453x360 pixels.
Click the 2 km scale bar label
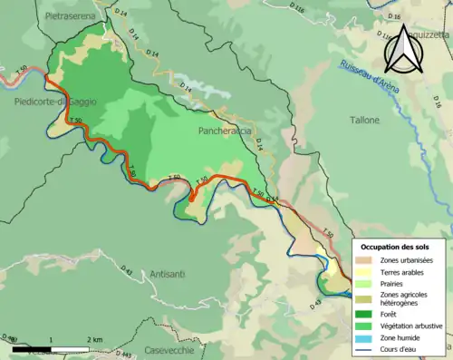pos(93,339)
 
